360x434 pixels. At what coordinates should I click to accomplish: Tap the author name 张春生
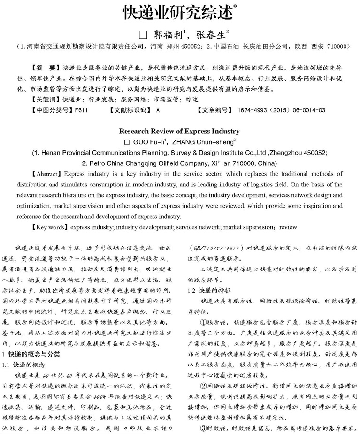[x=209, y=34]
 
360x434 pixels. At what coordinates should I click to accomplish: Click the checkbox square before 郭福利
[x=144, y=35]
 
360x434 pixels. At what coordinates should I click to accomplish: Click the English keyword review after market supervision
[x=289, y=227]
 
